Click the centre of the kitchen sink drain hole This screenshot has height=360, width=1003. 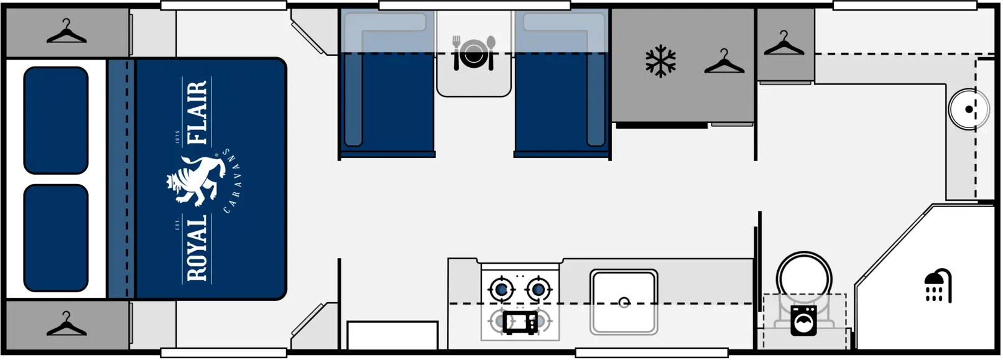(624, 303)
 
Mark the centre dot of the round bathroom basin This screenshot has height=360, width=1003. (969, 109)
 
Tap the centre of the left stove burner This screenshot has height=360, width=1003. (501, 290)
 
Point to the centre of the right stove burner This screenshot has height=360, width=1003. (538, 290)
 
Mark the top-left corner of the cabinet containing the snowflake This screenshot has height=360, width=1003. (612, 9)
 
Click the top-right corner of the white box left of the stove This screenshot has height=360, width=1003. (437, 321)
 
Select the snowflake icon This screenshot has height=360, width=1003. (660, 61)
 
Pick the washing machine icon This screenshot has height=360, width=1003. (803, 321)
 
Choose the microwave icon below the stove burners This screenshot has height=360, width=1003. (520, 323)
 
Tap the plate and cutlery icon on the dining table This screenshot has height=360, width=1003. (473, 53)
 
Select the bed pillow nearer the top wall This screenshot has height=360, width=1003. (56, 121)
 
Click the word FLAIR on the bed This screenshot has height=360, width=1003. (198, 112)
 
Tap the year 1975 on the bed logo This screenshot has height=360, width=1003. (178, 137)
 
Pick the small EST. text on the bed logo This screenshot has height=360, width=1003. (178, 224)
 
